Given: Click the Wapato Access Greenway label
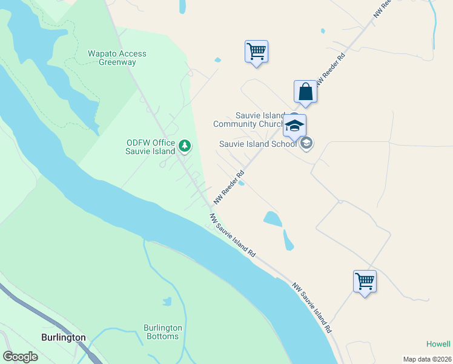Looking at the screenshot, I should (117, 58).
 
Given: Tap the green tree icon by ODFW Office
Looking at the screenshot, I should (185, 146).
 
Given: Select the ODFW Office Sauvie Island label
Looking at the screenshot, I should (151, 147).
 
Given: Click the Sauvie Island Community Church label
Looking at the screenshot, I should (248, 120).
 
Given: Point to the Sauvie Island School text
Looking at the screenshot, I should (258, 144).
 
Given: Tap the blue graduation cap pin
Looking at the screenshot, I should (294, 126).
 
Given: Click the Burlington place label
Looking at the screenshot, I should (64, 337).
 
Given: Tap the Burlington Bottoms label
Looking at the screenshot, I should (162, 332).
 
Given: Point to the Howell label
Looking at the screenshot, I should (438, 344).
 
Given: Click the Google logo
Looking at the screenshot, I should (20, 357).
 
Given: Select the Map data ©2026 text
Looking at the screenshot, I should (426, 359).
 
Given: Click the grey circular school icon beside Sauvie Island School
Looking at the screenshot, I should (306, 144).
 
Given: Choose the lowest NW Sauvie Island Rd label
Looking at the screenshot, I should (312, 307).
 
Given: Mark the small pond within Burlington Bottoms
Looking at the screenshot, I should (167, 301).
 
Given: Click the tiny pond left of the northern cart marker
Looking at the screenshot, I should (217, 60).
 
